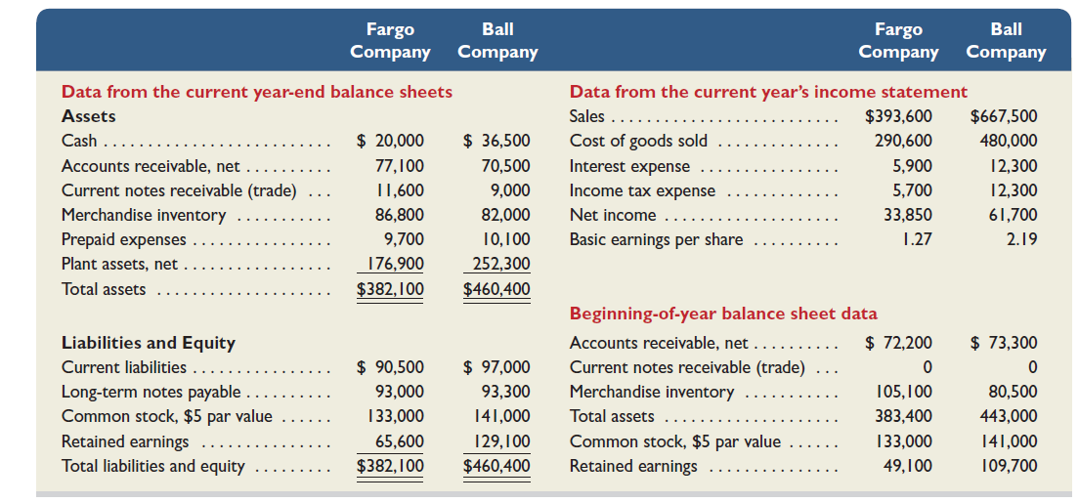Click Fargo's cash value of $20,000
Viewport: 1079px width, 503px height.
click(390, 142)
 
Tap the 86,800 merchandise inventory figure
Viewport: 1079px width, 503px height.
click(400, 215)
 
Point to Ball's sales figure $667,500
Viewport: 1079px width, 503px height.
click(1004, 117)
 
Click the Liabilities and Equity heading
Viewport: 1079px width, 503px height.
click(148, 343)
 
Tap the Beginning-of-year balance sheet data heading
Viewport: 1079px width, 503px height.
click(723, 314)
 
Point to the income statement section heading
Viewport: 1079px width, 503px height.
click(768, 92)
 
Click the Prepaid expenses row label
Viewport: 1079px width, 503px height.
click(123, 239)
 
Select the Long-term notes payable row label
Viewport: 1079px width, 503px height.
click(151, 392)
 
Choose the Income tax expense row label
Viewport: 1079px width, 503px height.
click(642, 190)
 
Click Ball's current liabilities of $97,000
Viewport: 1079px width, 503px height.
click(496, 367)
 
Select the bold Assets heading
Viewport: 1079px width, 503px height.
click(89, 116)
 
